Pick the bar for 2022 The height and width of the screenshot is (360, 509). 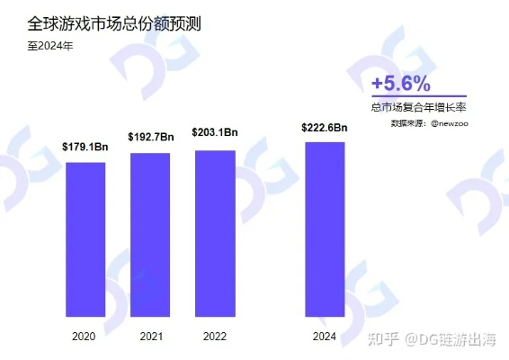(215, 233)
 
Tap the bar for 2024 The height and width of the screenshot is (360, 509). (325, 229)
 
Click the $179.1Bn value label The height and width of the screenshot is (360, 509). (85, 147)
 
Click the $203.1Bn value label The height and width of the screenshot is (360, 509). (215, 132)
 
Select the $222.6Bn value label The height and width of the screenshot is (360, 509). (325, 128)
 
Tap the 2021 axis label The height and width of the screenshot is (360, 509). (150, 336)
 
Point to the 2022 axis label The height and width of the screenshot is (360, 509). (215, 336)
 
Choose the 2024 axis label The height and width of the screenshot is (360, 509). (325, 336)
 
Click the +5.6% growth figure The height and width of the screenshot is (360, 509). (401, 83)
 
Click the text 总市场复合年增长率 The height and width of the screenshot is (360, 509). (418, 108)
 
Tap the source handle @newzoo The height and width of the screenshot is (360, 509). (449, 122)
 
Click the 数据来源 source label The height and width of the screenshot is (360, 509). (409, 122)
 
